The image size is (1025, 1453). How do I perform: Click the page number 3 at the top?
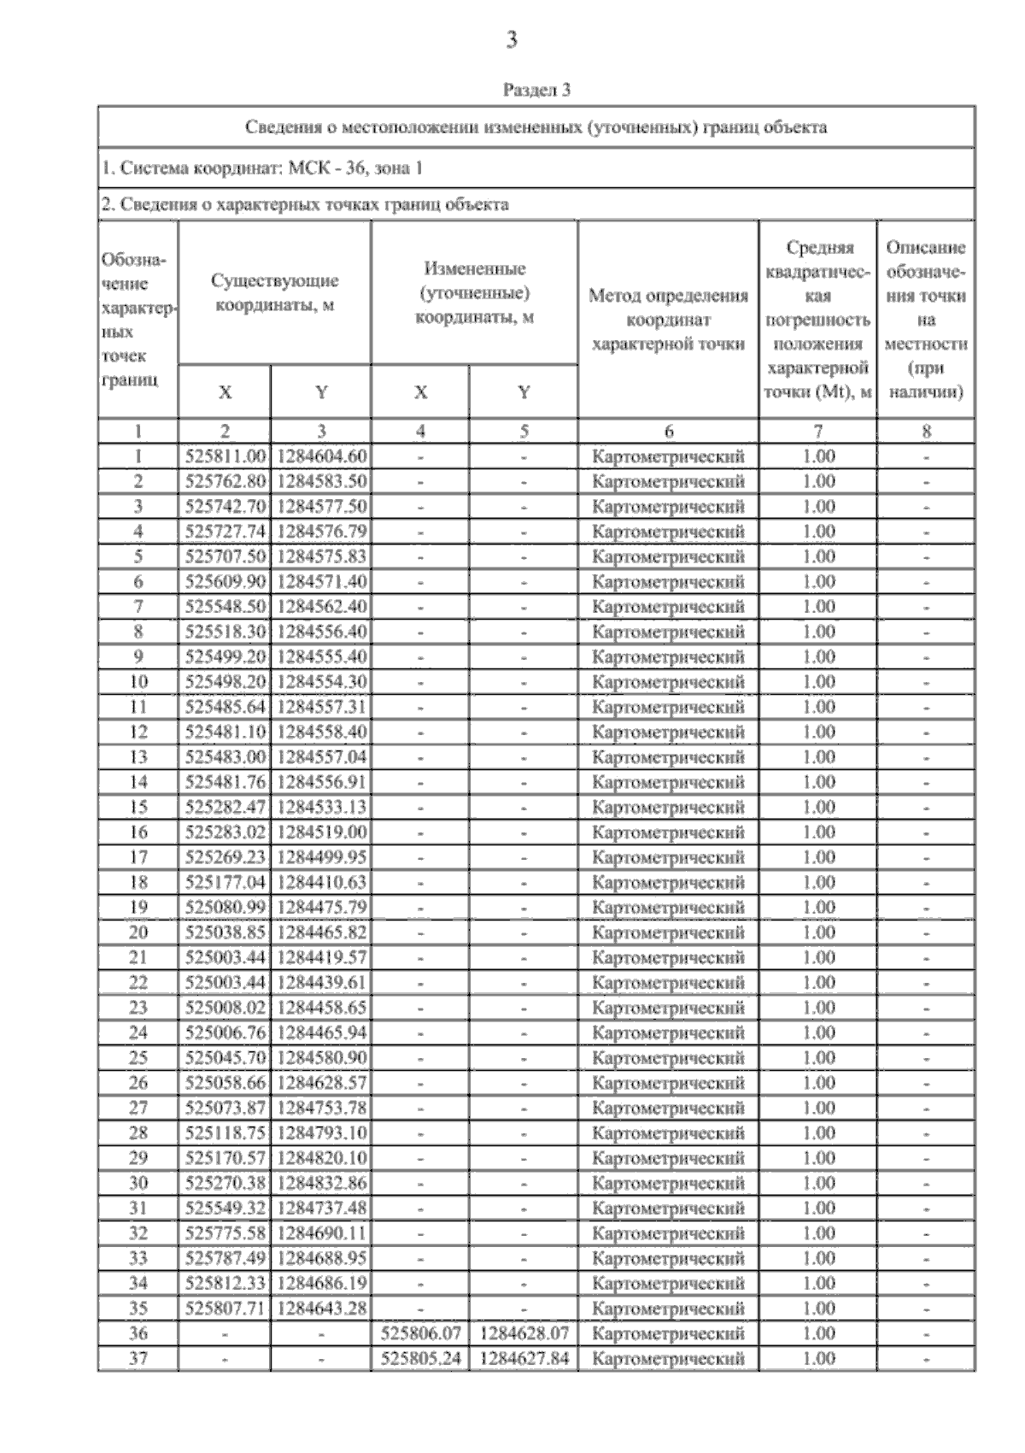click(x=512, y=39)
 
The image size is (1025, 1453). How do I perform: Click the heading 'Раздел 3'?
click(x=536, y=89)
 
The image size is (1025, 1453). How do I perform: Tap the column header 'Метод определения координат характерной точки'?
click(x=668, y=320)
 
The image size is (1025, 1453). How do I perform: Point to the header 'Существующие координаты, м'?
click(x=274, y=292)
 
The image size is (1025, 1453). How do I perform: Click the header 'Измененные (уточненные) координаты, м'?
click(x=474, y=292)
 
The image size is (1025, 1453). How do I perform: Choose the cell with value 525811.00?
click(x=225, y=456)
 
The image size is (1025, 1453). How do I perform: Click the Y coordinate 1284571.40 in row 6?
click(x=322, y=582)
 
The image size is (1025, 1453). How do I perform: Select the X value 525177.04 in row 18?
click(x=225, y=882)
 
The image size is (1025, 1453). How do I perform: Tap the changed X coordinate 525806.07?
click(x=420, y=1333)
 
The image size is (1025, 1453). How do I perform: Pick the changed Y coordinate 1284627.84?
click(x=524, y=1358)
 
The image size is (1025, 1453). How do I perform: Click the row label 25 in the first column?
click(x=138, y=1058)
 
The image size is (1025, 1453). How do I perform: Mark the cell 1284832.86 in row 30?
click(x=322, y=1183)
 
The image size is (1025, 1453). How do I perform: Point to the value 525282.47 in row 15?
click(x=225, y=807)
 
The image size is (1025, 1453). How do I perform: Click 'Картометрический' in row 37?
click(x=668, y=1358)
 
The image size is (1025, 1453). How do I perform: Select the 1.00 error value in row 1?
click(x=818, y=456)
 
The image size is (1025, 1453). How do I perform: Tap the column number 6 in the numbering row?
click(x=668, y=432)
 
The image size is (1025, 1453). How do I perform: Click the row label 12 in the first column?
click(x=138, y=732)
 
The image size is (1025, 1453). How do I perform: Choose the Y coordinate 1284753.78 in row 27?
click(x=322, y=1108)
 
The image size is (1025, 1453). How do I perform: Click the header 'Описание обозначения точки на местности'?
click(x=926, y=320)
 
